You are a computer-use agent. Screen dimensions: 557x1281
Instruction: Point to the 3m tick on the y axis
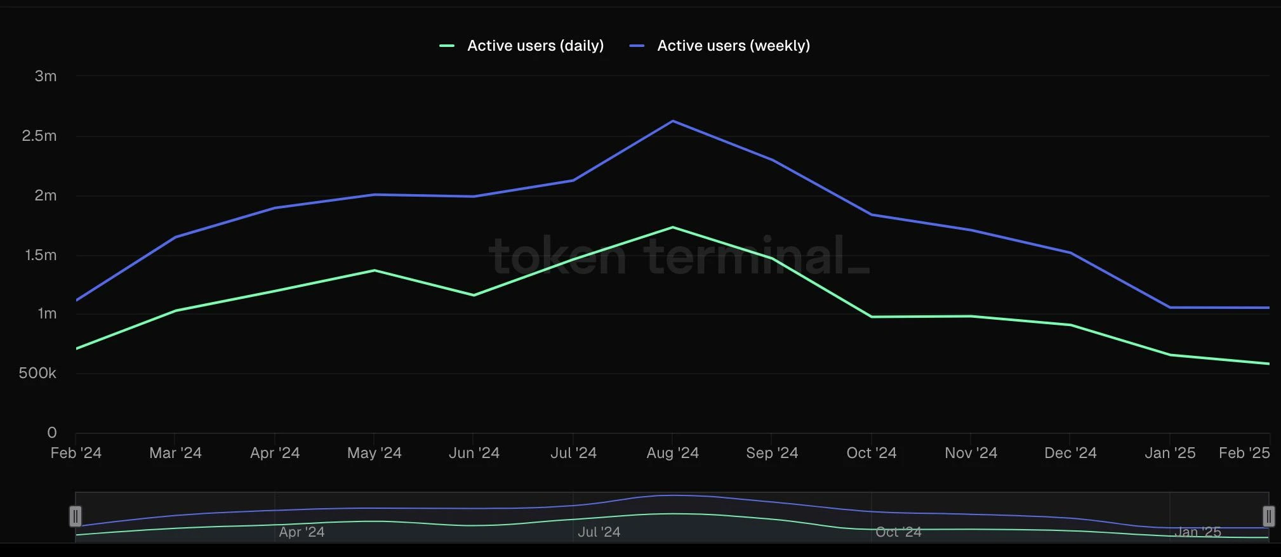pyautogui.click(x=46, y=76)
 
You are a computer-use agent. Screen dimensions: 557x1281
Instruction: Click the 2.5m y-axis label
pyautogui.click(x=39, y=136)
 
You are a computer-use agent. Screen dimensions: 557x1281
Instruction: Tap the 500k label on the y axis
pyautogui.click(x=37, y=373)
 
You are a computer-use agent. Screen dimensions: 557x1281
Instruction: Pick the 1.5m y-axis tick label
pyautogui.click(x=41, y=255)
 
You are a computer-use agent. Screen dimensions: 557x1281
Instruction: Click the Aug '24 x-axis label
pyautogui.click(x=672, y=453)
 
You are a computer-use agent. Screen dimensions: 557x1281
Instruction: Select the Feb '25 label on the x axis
pyautogui.click(x=1244, y=453)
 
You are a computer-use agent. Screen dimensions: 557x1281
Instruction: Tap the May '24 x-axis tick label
pyautogui.click(x=374, y=453)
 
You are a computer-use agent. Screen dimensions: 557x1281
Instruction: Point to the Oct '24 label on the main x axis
pyautogui.click(x=871, y=453)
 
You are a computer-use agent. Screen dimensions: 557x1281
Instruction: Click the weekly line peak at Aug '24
pyautogui.click(x=672, y=121)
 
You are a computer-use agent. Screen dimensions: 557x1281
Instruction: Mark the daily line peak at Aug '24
pyautogui.click(x=672, y=227)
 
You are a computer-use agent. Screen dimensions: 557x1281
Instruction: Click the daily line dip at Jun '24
pyautogui.click(x=474, y=295)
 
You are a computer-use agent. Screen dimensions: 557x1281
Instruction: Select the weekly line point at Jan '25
pyautogui.click(x=1170, y=308)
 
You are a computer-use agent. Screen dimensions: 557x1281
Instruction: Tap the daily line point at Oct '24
pyautogui.click(x=871, y=317)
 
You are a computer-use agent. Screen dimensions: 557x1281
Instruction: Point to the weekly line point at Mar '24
pyautogui.click(x=175, y=237)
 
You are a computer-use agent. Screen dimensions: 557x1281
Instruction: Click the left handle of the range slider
pyautogui.click(x=76, y=516)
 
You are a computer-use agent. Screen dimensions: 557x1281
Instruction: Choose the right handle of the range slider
pyautogui.click(x=1268, y=516)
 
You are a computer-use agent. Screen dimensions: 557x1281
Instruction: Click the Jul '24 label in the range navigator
pyautogui.click(x=599, y=532)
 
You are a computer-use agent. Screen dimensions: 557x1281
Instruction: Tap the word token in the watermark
pyautogui.click(x=557, y=256)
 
